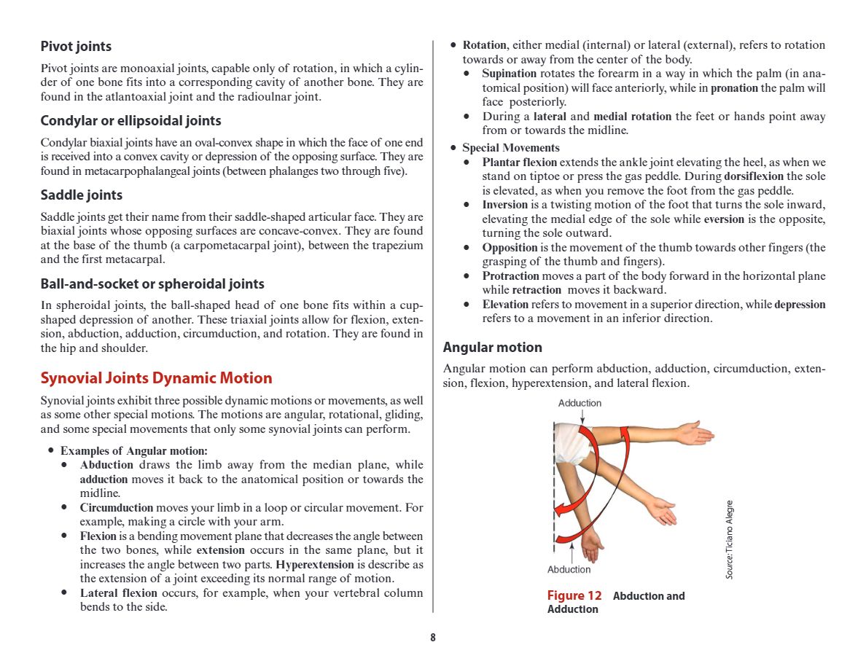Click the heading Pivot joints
(x=76, y=46)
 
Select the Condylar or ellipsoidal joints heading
(x=130, y=120)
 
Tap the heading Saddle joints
(x=81, y=195)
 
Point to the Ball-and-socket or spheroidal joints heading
(x=152, y=283)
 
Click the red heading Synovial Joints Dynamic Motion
(x=156, y=377)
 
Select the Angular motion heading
(x=492, y=347)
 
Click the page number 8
(x=432, y=638)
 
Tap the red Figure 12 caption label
(x=574, y=596)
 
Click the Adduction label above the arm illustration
(x=580, y=403)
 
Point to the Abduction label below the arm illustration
(x=569, y=569)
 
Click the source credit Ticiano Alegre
(x=729, y=539)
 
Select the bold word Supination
(x=509, y=74)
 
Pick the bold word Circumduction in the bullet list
(x=117, y=507)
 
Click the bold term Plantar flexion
(x=519, y=162)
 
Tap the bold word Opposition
(x=510, y=247)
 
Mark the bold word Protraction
(x=510, y=275)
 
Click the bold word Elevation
(x=505, y=304)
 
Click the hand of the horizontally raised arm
(x=693, y=433)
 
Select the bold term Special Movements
(x=500, y=148)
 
